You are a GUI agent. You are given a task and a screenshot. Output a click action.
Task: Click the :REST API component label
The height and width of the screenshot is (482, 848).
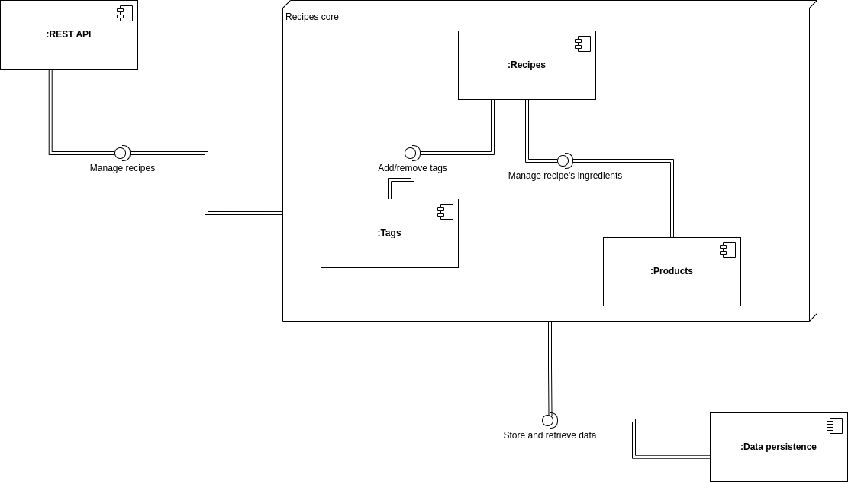pyautogui.click(x=69, y=34)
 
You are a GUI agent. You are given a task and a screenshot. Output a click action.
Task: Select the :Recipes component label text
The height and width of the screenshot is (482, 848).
pyautogui.click(x=527, y=65)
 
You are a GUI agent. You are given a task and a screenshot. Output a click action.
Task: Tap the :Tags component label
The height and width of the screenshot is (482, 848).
pyautogui.click(x=389, y=233)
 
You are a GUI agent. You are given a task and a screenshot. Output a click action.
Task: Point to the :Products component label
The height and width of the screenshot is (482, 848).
pyautogui.click(x=672, y=271)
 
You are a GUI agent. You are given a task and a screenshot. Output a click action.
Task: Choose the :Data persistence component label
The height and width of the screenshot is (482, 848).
pyautogui.click(x=779, y=447)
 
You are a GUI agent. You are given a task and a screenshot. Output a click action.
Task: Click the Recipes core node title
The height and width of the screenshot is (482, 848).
pyautogui.click(x=312, y=17)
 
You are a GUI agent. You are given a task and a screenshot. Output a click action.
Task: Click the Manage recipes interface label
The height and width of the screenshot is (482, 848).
pyautogui.click(x=122, y=168)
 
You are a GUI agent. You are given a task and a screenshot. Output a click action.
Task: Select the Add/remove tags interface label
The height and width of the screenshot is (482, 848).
pyautogui.click(x=412, y=168)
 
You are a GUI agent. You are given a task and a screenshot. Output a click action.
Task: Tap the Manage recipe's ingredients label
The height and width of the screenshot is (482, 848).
pyautogui.click(x=565, y=176)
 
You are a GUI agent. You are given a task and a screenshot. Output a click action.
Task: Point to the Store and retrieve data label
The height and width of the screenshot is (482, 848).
pyautogui.click(x=550, y=435)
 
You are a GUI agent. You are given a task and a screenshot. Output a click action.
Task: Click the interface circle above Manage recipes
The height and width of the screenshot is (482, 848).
pyautogui.click(x=120, y=154)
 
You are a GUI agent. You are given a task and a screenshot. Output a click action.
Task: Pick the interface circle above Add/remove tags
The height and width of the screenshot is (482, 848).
pyautogui.click(x=410, y=154)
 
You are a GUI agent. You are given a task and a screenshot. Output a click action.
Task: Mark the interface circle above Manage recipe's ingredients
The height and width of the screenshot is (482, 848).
pyautogui.click(x=563, y=161)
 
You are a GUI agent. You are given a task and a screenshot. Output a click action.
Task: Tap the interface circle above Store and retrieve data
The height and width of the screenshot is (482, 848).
pyautogui.click(x=547, y=421)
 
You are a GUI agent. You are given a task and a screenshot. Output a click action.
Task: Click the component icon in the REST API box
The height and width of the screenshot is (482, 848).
pyautogui.click(x=124, y=13)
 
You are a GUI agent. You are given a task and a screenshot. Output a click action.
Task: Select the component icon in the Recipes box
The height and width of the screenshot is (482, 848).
pyautogui.click(x=582, y=44)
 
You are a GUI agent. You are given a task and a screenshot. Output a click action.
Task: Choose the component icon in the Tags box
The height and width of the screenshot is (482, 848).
pyautogui.click(x=445, y=212)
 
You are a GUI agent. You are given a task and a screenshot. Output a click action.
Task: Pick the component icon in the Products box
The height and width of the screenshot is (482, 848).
pyautogui.click(x=727, y=250)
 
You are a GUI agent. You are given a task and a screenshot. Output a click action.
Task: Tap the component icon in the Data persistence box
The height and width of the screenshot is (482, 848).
pyautogui.click(x=834, y=425)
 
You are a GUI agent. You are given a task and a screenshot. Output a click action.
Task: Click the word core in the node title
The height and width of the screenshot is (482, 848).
pyautogui.click(x=330, y=17)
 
